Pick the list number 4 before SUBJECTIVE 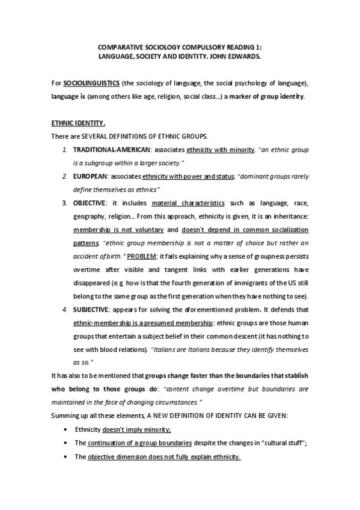(65, 310)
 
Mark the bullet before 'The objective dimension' (65, 456)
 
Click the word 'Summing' (64, 416)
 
